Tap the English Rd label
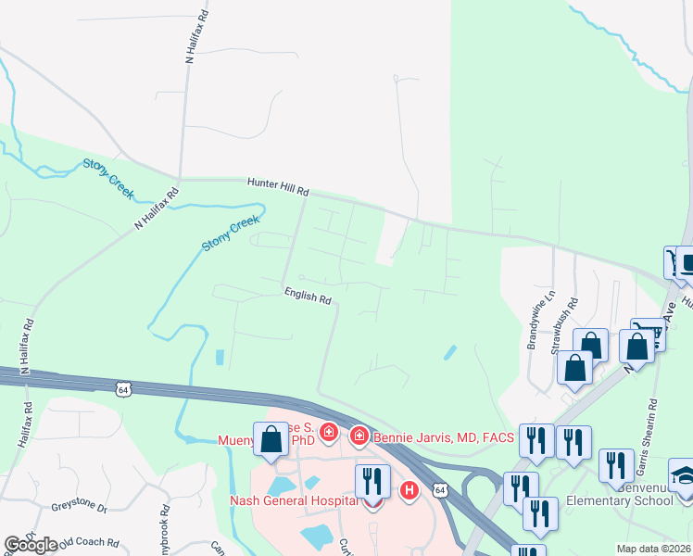pyautogui.click(x=308, y=297)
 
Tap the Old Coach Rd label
pyautogui.click(x=89, y=542)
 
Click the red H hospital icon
pyautogui.click(x=407, y=490)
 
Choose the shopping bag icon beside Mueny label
pyautogui.click(x=271, y=440)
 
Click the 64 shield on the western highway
pyautogui.click(x=123, y=389)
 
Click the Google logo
pyautogui.click(x=31, y=544)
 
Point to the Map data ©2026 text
pyautogui.click(x=640, y=549)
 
